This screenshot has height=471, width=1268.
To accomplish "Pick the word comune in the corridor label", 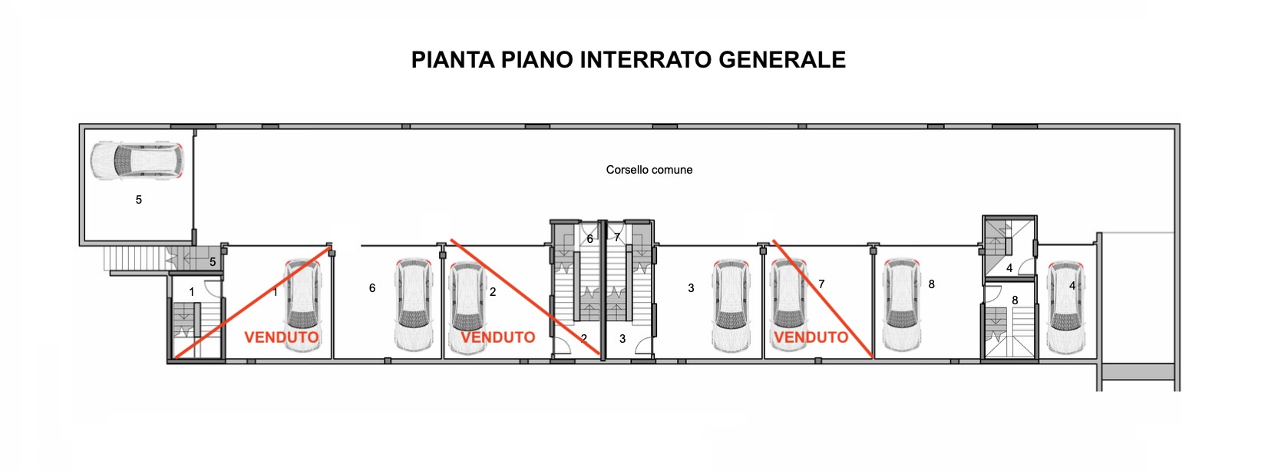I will pos(672,170).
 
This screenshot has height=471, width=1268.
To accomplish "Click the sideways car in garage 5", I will pos(137,160).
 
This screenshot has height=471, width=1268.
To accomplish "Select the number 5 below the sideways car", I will pos(139,200).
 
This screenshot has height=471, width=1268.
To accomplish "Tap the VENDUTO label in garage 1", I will pos(281,337).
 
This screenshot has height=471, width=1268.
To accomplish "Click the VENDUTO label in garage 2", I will pos(498,337).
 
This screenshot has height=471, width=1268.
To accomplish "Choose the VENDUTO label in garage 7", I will pos(811,337).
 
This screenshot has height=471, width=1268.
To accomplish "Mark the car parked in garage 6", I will pos(414,305).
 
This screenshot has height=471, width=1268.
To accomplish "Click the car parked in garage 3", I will pos(731,305).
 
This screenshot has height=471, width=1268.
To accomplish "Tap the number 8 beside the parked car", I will pos(932,284).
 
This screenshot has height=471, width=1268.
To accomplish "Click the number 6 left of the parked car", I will pos(372,288).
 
